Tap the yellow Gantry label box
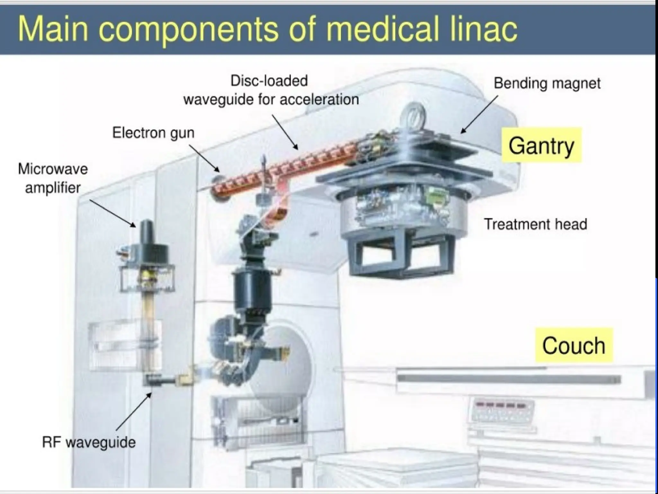click(541, 146)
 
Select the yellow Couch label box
click(574, 345)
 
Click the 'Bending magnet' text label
click(547, 83)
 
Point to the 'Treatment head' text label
click(535, 224)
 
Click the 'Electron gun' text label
click(153, 133)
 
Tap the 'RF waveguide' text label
click(89, 442)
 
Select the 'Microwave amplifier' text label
click(53, 178)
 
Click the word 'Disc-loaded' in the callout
click(269, 81)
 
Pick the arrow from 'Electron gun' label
click(204, 158)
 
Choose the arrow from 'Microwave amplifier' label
click(112, 213)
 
